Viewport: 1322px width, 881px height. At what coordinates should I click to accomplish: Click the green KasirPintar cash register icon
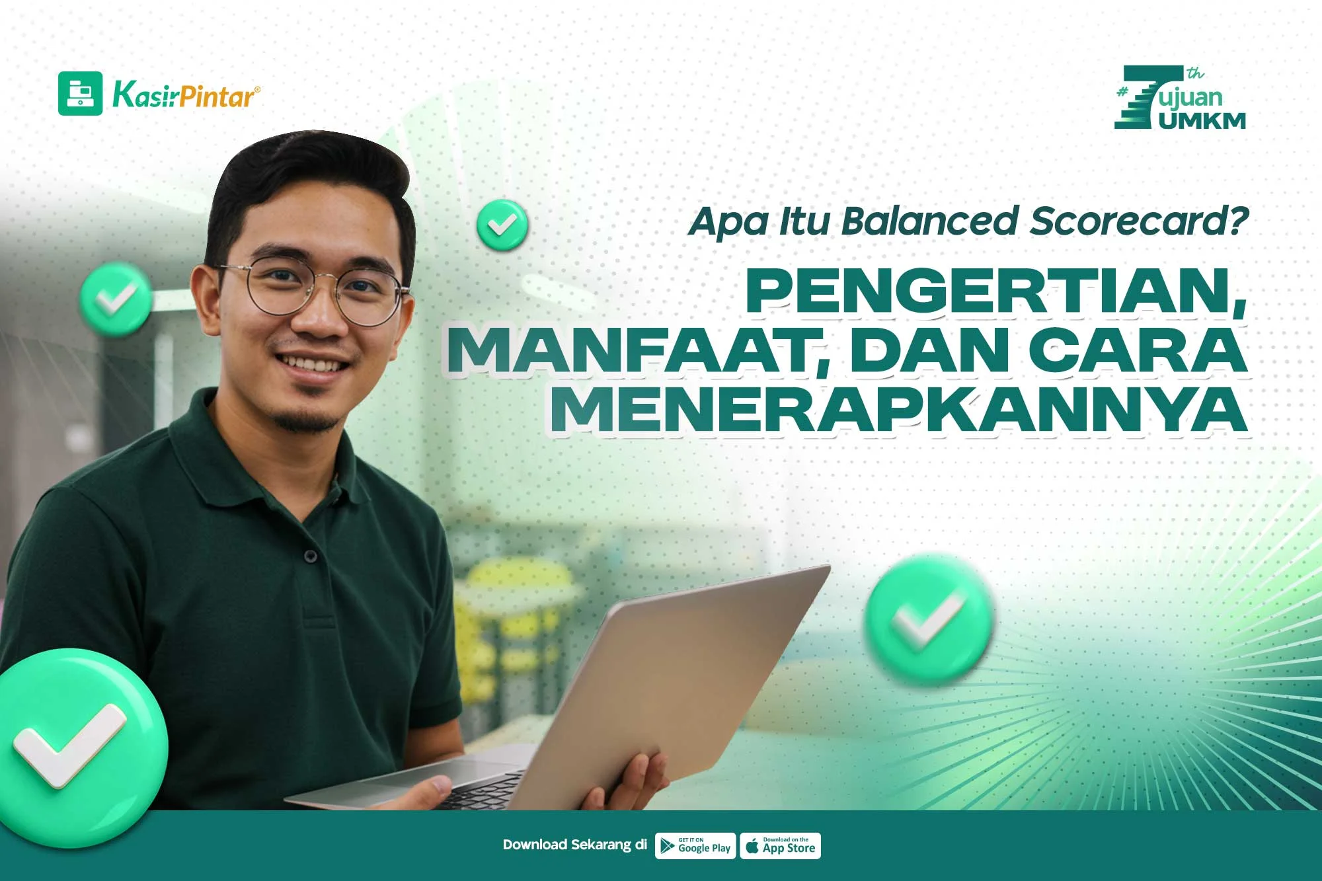click(81, 94)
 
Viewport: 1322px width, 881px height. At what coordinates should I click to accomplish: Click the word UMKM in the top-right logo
click(1202, 120)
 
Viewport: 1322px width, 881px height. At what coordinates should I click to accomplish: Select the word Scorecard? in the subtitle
click(1139, 221)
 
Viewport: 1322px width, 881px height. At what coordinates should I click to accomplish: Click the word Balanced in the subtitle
click(929, 221)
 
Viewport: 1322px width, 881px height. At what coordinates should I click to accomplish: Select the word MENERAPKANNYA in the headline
click(898, 410)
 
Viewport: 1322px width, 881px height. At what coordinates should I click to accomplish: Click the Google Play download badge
click(695, 846)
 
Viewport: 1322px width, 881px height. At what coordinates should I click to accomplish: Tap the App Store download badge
click(780, 846)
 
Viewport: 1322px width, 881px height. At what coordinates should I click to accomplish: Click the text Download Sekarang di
click(574, 845)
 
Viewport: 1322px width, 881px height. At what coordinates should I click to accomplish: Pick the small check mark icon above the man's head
click(502, 225)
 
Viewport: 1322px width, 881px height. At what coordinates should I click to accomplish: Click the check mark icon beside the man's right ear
click(116, 299)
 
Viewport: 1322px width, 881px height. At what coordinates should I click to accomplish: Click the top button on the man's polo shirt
click(311, 556)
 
